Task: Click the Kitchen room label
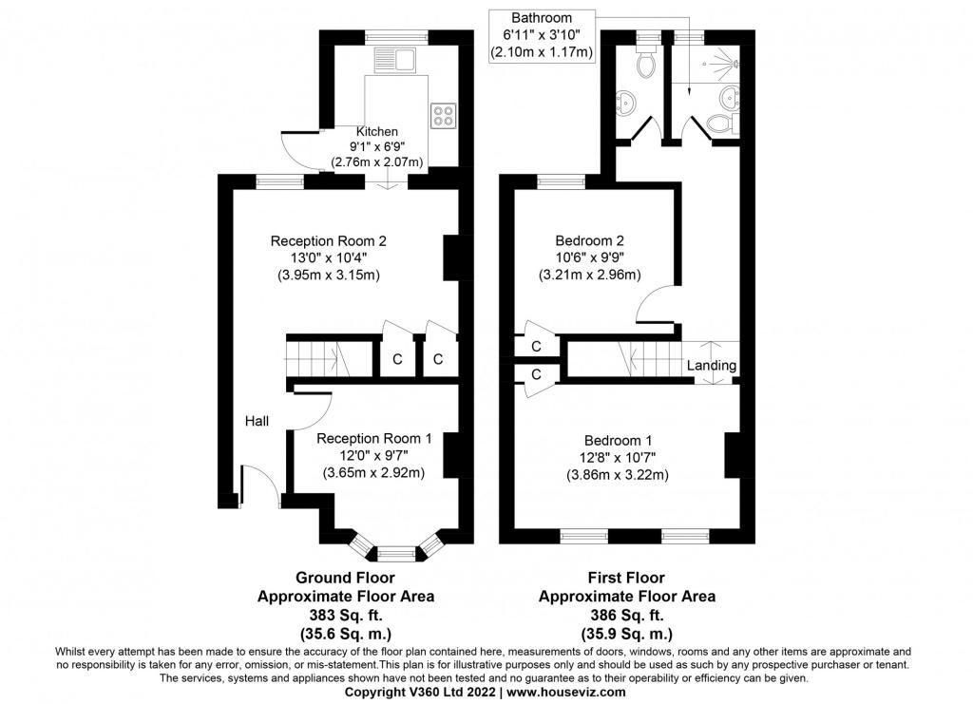(x=376, y=131)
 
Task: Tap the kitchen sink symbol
(x=394, y=61)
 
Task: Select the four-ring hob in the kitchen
(x=443, y=116)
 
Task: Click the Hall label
(x=257, y=421)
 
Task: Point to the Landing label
(x=711, y=366)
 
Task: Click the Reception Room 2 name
(x=333, y=240)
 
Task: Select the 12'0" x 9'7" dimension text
(x=373, y=455)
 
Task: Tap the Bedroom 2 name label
(x=589, y=240)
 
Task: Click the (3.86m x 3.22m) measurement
(x=618, y=475)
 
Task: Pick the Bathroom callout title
(x=542, y=18)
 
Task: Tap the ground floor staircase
(x=316, y=358)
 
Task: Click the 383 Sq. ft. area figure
(x=346, y=616)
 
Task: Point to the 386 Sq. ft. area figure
(x=627, y=616)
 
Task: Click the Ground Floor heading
(x=345, y=578)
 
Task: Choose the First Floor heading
(x=627, y=578)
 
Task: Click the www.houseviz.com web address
(x=566, y=692)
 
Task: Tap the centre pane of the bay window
(x=397, y=553)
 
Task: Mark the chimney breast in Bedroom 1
(x=733, y=455)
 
